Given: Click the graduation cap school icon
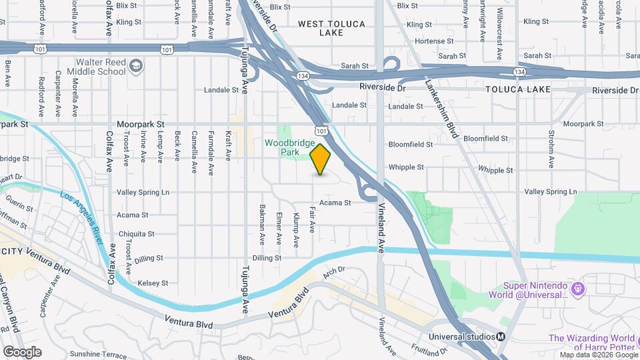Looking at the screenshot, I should tap(136, 65).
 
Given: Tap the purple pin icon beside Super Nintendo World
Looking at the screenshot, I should tap(577, 289).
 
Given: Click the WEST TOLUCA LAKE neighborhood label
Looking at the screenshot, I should tap(331, 28).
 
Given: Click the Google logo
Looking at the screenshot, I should tap(22, 351).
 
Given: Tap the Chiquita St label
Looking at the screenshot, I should tap(136, 234).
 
